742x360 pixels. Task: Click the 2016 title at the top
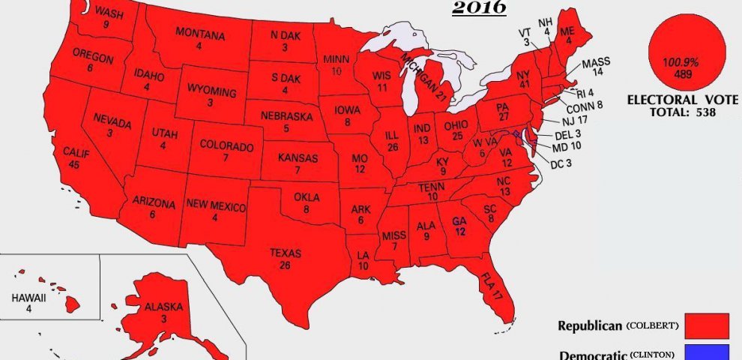coord(479,8)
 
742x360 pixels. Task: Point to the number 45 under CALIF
coord(73,165)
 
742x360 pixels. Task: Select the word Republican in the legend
coord(591,326)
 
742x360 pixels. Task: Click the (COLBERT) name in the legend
coord(653,325)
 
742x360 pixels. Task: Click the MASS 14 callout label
coord(597,67)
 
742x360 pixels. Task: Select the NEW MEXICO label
coord(213,203)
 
